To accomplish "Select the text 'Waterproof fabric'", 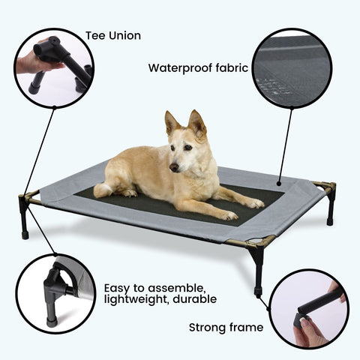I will coord(198,67).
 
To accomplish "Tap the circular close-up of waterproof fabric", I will coord(292,68).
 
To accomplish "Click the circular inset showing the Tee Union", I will coord(53,67).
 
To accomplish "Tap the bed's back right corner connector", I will coord(325,187).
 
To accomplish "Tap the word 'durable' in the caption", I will coord(197,298).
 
